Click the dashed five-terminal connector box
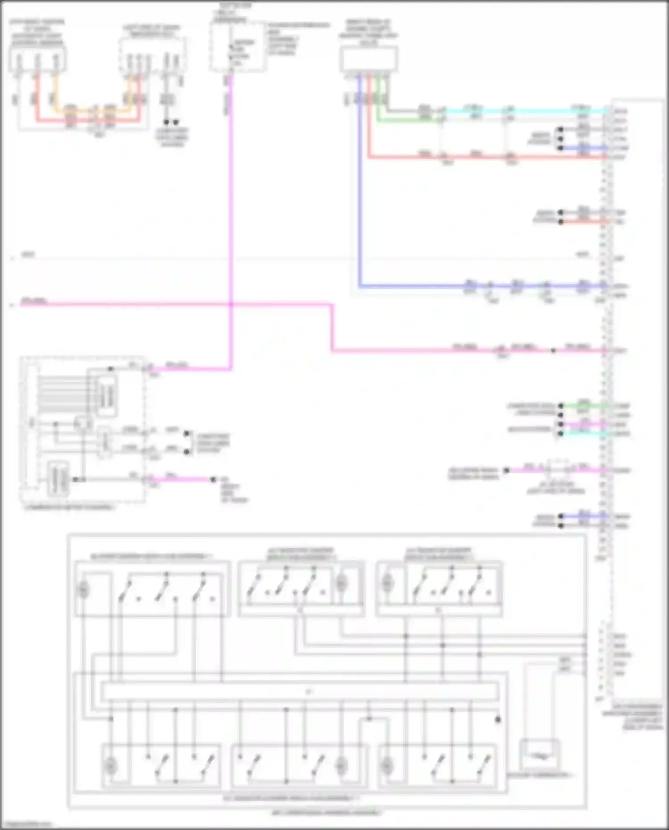coord(152,56)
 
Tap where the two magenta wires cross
coord(231,305)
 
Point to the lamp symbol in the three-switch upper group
coord(83,590)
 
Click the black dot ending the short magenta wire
coord(213,479)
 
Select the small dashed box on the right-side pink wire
coord(558,469)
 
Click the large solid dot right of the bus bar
coord(498,719)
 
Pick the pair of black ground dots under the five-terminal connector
coord(171,122)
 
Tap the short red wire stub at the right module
coord(584,222)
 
